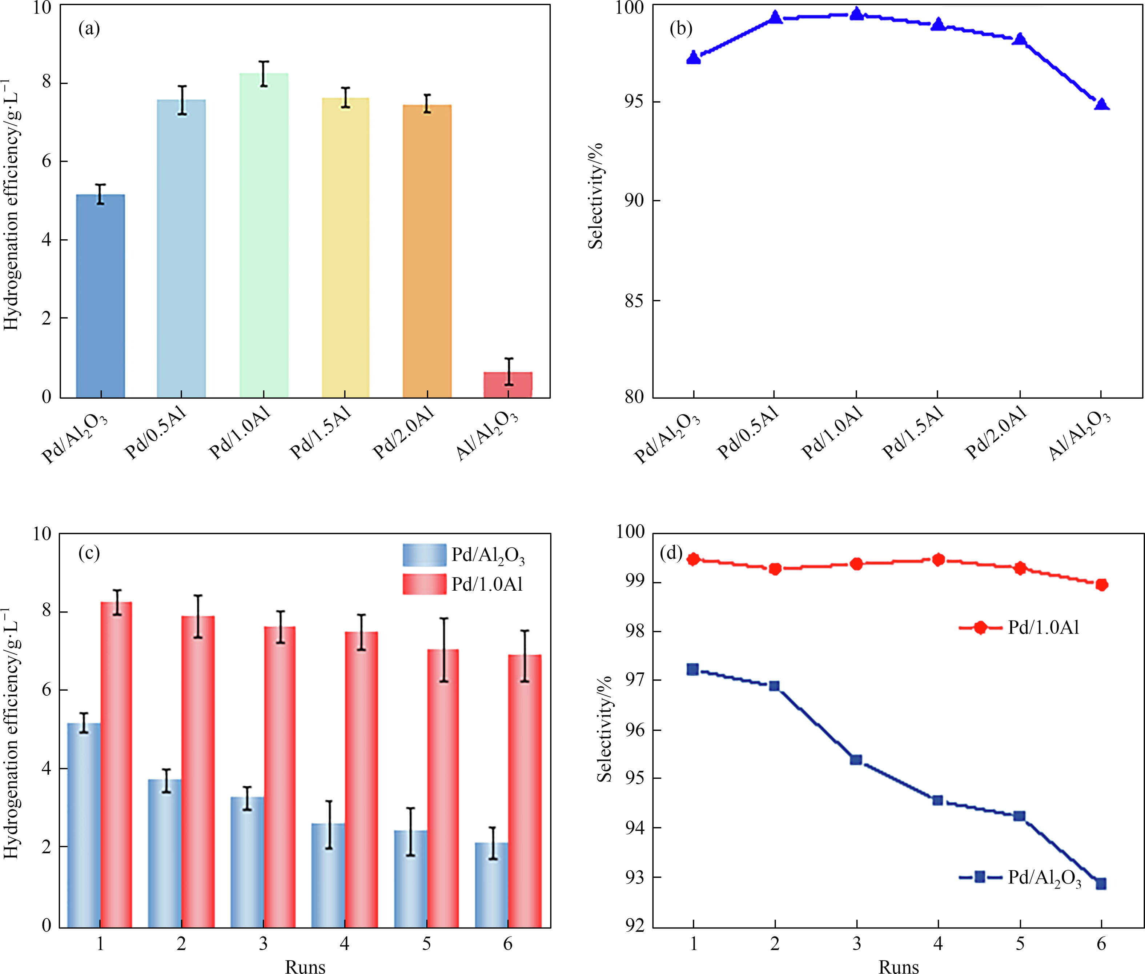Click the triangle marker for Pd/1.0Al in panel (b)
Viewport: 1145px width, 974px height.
click(856, 14)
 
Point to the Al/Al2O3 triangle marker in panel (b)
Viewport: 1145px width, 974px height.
click(1101, 104)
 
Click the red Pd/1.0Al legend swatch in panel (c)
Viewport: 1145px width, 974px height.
click(424, 584)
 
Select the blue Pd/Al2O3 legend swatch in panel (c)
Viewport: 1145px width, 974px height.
click(424, 555)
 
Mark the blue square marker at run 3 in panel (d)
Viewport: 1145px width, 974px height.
click(856, 760)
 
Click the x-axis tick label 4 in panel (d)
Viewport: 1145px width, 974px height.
click(938, 943)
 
